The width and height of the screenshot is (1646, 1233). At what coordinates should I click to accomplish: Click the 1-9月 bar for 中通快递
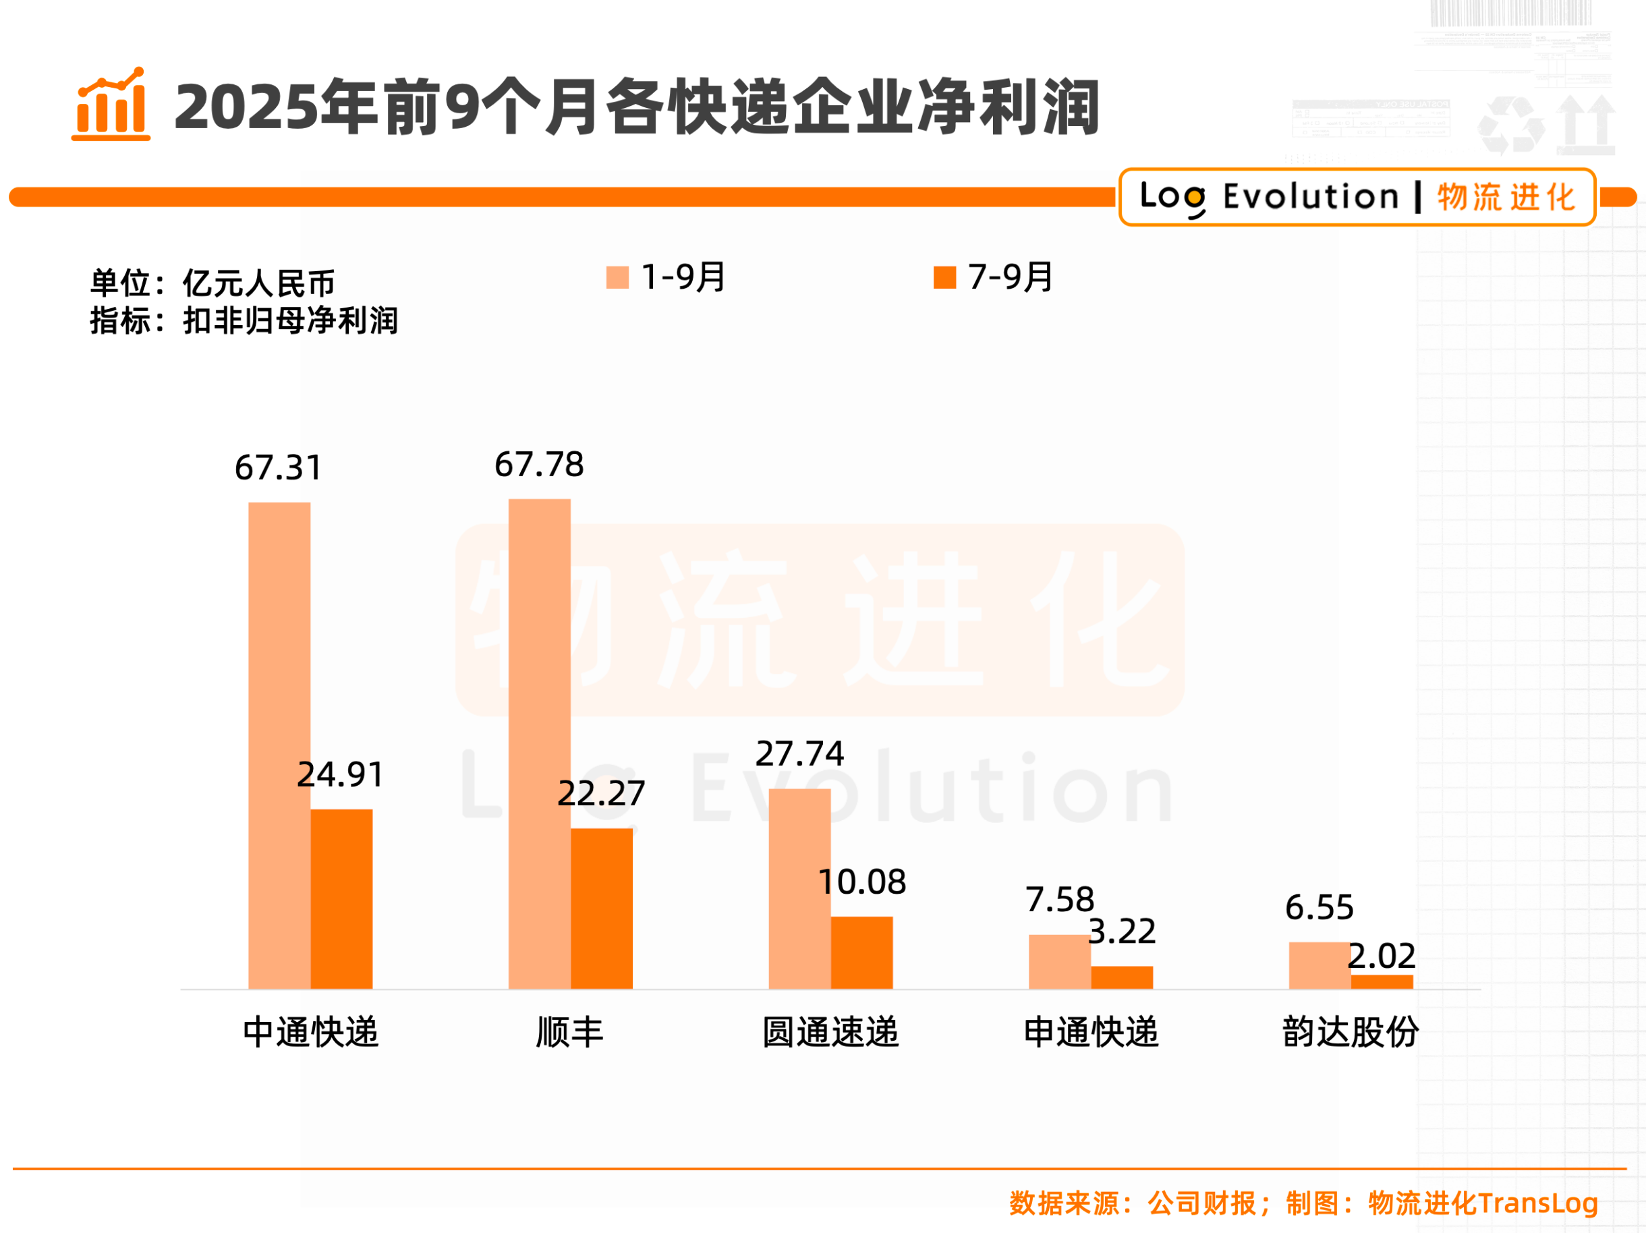point(279,745)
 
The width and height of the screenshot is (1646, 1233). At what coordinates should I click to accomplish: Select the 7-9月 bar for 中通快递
point(341,899)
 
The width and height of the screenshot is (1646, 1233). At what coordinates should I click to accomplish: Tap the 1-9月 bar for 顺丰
point(540,743)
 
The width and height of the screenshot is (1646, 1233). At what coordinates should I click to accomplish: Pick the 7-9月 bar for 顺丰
point(602,909)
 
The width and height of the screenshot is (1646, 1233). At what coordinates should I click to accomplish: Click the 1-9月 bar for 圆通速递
point(799,888)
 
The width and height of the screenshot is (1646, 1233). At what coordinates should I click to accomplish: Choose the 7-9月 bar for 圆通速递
point(861,952)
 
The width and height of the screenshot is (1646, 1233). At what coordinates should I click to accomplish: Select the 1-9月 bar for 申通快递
point(1060,961)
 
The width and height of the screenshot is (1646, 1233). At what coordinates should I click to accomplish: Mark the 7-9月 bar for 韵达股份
point(1382,981)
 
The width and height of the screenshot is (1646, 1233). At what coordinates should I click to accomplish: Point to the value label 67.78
point(540,464)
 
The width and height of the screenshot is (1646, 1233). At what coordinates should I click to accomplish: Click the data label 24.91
point(341,774)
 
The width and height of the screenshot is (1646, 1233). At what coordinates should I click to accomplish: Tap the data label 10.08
point(861,882)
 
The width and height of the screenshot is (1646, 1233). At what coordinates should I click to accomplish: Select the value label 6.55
point(1319,907)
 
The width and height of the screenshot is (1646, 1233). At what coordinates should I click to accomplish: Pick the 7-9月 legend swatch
point(944,277)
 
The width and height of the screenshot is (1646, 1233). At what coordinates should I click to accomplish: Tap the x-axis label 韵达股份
point(1351,1032)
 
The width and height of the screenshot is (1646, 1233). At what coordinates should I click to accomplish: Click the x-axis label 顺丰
point(570,1032)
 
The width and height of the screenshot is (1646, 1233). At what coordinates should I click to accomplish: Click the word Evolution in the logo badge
point(1311,197)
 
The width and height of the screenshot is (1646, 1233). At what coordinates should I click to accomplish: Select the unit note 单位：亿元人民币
point(212,283)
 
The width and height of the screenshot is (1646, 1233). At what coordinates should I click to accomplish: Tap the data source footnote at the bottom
point(1303,1203)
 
